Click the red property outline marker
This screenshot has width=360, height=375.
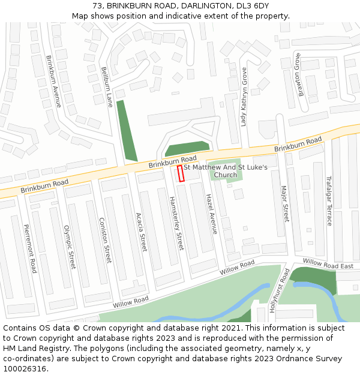180,173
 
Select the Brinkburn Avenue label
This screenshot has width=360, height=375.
54,82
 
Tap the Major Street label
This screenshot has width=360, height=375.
285,203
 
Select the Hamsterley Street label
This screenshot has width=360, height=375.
176,223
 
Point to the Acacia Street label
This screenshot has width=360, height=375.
141,232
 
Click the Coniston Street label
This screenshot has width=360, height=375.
105,240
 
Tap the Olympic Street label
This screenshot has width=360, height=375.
70,247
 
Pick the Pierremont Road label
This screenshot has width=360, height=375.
31,248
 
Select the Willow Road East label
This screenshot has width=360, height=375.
328,264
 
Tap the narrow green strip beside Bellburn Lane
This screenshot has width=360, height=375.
127,130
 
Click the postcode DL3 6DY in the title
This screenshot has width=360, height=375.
253,6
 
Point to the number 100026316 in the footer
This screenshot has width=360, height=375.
24,369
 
